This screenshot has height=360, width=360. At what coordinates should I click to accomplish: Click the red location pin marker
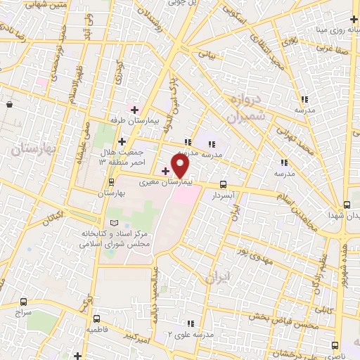[181, 165]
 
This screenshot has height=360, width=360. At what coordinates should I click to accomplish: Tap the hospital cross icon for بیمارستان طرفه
[134, 109]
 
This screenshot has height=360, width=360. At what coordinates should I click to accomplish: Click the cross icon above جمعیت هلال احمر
[122, 141]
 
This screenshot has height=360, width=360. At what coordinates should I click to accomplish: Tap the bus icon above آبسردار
[224, 185]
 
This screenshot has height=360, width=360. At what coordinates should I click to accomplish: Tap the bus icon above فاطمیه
[96, 319]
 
